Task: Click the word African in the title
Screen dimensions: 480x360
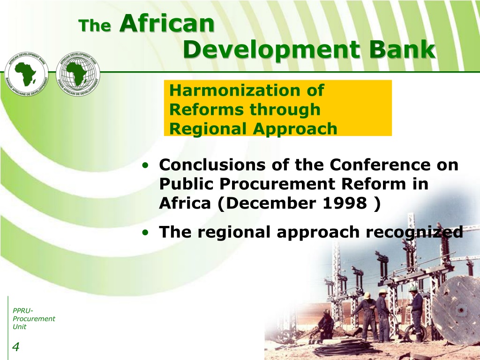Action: pyautogui.click(x=167, y=23)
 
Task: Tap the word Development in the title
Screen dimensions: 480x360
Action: pyautogui.click(x=271, y=50)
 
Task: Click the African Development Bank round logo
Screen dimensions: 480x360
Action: pyautogui.click(x=26, y=74)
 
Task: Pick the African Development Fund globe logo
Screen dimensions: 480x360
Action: pyautogui.click(x=78, y=74)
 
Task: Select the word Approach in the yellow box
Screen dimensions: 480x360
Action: pyautogui.click(x=295, y=129)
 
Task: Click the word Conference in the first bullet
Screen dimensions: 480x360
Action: pyautogui.click(x=380, y=165)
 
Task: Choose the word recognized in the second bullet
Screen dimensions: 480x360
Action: pyautogui.click(x=414, y=232)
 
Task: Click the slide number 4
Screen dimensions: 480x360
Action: pyautogui.click(x=15, y=347)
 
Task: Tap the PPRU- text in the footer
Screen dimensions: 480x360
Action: pyautogui.click(x=22, y=311)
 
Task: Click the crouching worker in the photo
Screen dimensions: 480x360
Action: pyautogui.click(x=326, y=324)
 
